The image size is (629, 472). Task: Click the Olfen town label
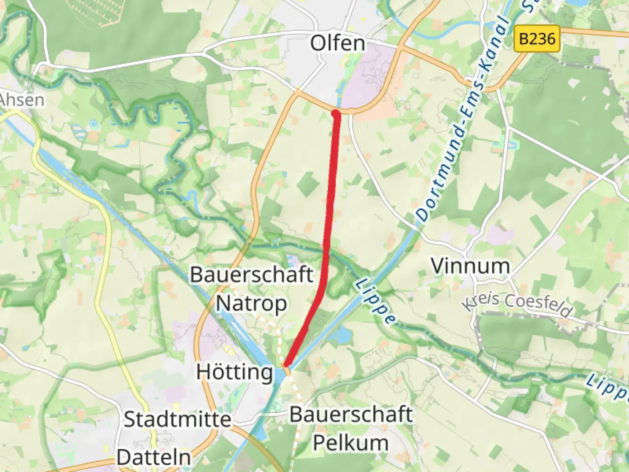tap(337, 43)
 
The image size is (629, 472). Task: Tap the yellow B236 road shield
tap(537, 39)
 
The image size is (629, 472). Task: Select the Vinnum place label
tap(470, 266)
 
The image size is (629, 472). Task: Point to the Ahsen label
tap(22, 100)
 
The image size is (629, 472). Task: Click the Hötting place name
tap(235, 372)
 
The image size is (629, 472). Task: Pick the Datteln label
tap(154, 458)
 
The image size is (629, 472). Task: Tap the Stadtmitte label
tap(177, 420)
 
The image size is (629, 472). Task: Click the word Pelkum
tap(351, 443)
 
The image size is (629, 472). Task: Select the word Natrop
tap(251, 303)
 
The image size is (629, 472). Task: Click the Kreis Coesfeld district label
tap(517, 303)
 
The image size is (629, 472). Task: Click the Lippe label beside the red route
tap(375, 302)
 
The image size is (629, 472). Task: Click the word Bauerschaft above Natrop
tap(252, 275)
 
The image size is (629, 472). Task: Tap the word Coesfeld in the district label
tap(538, 305)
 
